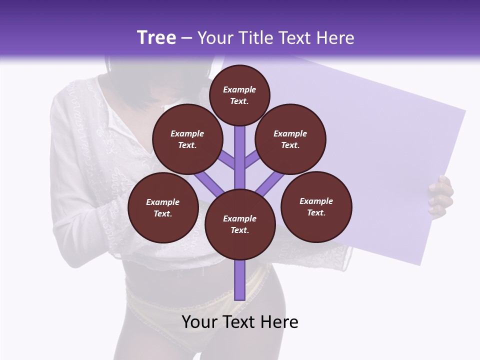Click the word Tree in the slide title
[x=156, y=38]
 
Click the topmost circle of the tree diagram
[x=239, y=95]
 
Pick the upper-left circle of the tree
[x=187, y=139]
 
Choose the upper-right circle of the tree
[x=290, y=139]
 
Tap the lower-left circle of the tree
[x=162, y=208]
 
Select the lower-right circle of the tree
[x=316, y=207]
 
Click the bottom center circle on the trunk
[x=239, y=224]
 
